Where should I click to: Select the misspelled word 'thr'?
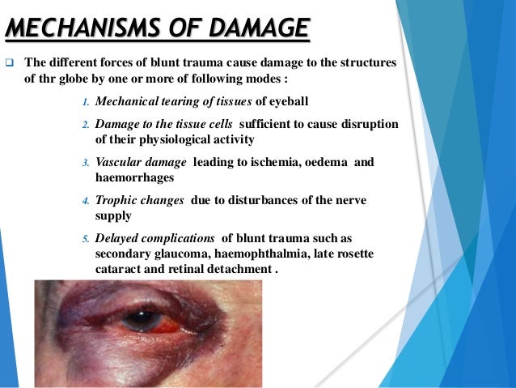point(50,81)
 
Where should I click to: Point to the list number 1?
point(87,102)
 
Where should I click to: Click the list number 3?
point(87,163)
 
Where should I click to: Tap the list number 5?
point(87,241)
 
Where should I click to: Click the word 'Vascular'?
point(118,162)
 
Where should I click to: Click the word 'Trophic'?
point(116,200)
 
